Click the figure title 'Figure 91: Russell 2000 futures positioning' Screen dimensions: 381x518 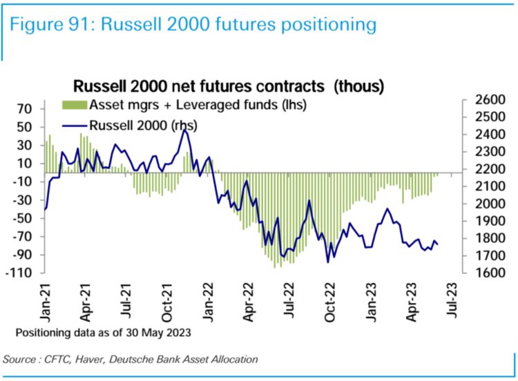[193, 25]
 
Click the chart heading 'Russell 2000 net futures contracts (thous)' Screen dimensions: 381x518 [229, 86]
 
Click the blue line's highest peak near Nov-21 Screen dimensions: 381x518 [184, 129]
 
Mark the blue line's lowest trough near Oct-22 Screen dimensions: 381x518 [327, 262]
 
